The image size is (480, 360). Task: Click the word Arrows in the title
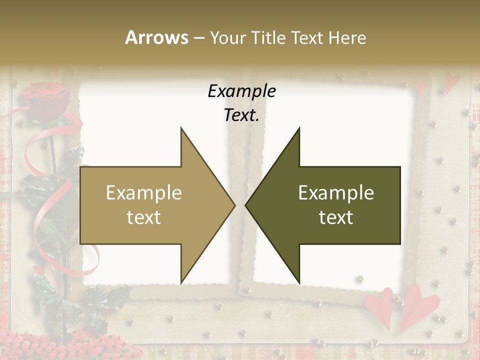pyautogui.click(x=157, y=37)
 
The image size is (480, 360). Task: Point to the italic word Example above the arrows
pyautogui.click(x=242, y=91)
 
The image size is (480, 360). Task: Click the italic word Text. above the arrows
pyautogui.click(x=242, y=115)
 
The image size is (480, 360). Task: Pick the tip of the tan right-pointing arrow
pyautogui.click(x=234, y=205)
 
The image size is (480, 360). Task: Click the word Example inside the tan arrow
pyautogui.click(x=144, y=193)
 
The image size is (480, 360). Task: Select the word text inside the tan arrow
pyautogui.click(x=144, y=217)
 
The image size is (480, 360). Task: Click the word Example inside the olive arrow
pyautogui.click(x=336, y=193)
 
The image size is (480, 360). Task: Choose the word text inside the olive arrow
pyautogui.click(x=336, y=217)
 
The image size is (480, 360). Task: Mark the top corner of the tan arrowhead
pyautogui.click(x=181, y=128)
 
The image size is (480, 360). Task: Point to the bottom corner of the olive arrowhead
pyautogui.click(x=299, y=283)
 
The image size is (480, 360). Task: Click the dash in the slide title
pyautogui.click(x=198, y=38)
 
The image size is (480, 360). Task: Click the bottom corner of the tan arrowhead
pyautogui.click(x=181, y=283)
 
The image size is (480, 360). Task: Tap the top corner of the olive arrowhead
pyautogui.click(x=299, y=128)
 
